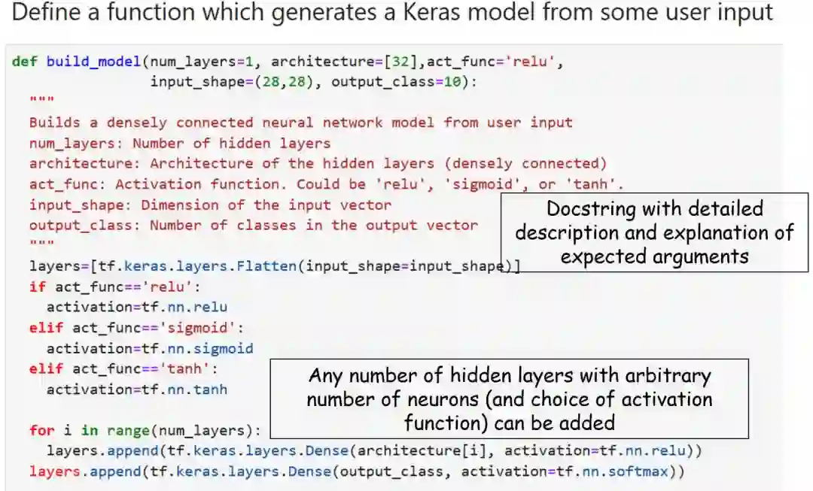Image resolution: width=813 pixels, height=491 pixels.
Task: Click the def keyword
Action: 25,62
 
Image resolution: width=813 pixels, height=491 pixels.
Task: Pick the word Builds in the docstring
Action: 55,123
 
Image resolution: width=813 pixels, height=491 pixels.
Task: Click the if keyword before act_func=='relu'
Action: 37,286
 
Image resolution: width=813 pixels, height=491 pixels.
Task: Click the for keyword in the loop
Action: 42,430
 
